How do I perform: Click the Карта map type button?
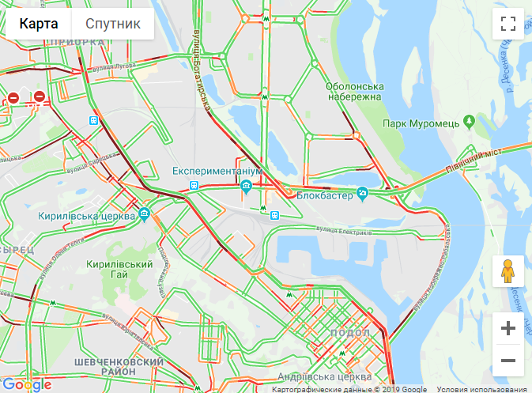39,24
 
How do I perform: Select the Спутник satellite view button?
113,24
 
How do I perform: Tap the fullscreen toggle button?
508,24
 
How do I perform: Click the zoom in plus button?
508,328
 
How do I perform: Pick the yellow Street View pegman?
508,271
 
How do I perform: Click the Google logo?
27,384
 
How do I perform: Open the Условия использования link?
483,389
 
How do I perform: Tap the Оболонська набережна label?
354,91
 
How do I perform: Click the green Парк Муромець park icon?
470,122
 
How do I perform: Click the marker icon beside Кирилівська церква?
145,214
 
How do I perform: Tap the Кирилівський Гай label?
119,269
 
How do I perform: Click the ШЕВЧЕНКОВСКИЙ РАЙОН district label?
118,367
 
